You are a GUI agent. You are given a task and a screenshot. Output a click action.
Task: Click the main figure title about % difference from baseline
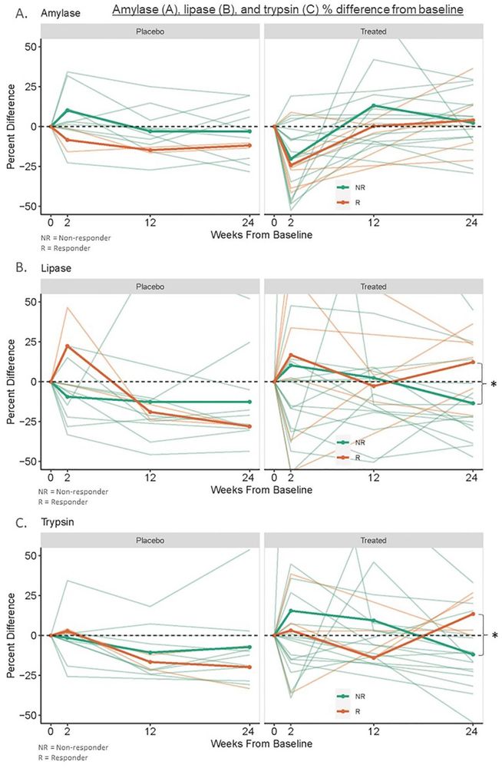(286, 11)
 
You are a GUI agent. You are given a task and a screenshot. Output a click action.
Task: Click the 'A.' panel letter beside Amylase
(9, 11)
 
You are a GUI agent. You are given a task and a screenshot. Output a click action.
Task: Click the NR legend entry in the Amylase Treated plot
(355, 187)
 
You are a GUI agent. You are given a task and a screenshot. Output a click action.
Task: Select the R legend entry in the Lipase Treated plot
(354, 456)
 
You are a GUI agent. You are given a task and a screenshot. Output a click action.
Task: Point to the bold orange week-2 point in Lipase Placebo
(68, 346)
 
